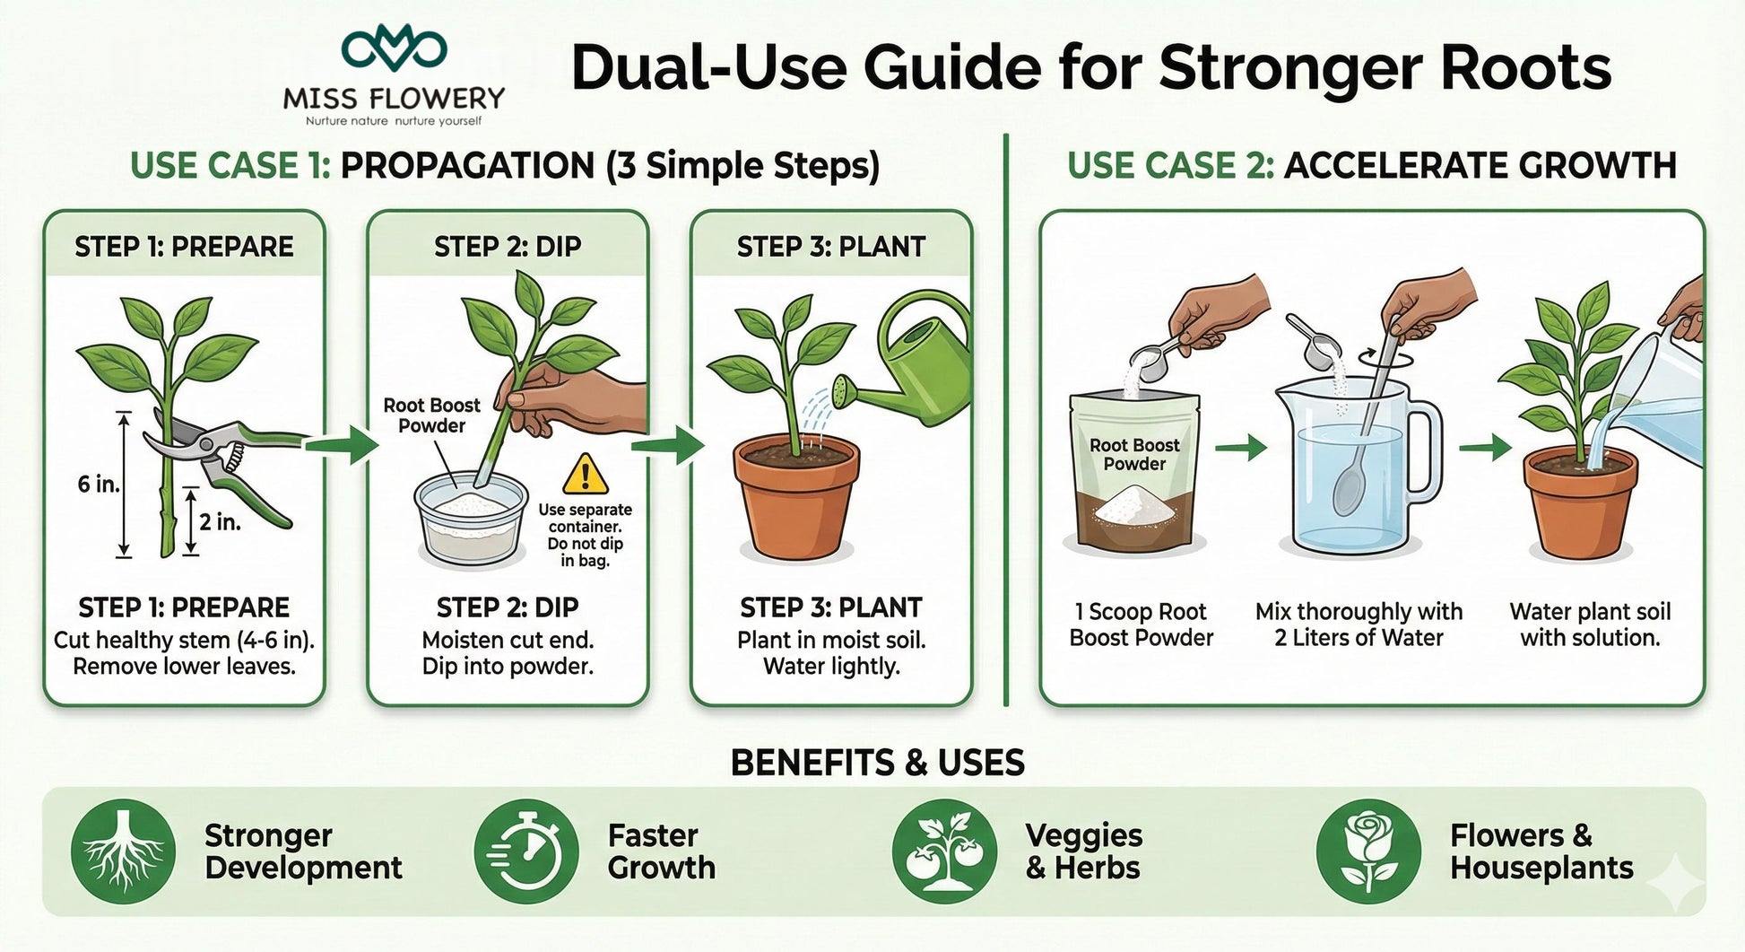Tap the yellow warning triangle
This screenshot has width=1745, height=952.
click(586, 473)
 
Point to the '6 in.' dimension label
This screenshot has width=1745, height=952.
click(98, 485)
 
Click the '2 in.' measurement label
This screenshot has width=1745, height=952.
click(220, 521)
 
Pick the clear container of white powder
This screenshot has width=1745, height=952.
click(471, 520)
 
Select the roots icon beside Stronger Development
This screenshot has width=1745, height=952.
click(123, 852)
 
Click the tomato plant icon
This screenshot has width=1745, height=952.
click(944, 852)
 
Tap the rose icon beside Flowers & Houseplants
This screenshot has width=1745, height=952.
click(1368, 852)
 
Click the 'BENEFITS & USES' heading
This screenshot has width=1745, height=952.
click(878, 763)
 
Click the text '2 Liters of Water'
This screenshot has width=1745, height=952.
click(1359, 638)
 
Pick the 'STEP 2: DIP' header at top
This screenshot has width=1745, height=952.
click(508, 247)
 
